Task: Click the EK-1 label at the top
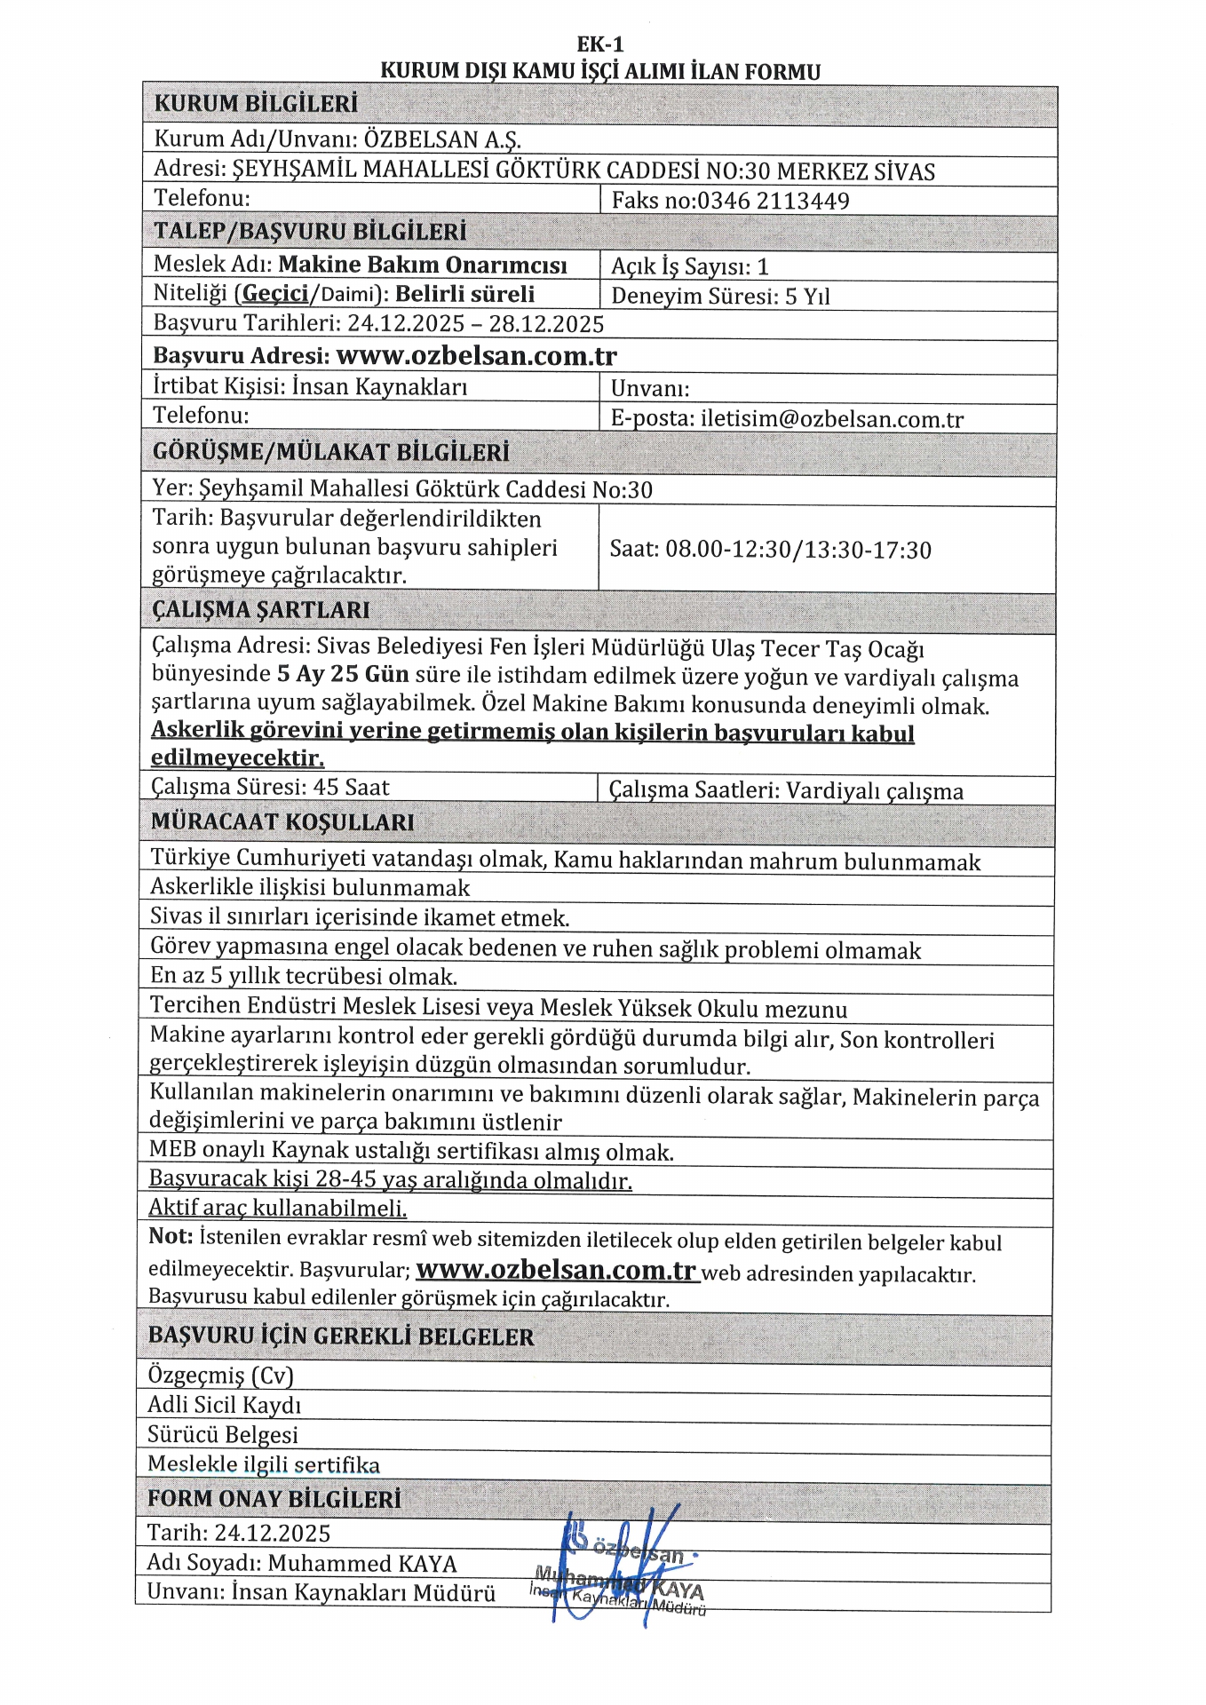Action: [x=600, y=44]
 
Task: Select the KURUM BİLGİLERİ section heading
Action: [x=256, y=104]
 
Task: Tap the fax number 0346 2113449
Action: [x=773, y=201]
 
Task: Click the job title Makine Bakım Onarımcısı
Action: [x=423, y=265]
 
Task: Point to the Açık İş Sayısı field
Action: [x=690, y=266]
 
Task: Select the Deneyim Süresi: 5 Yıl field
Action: [x=720, y=297]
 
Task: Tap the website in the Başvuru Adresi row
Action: [x=477, y=356]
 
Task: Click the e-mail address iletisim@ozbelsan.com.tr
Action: [x=832, y=419]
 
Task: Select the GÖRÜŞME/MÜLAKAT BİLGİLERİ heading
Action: [x=331, y=452]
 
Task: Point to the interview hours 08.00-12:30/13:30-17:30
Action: [x=798, y=551]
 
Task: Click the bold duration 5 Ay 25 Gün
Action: [x=343, y=674]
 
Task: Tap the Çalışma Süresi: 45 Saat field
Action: [x=270, y=788]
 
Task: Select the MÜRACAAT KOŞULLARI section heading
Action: [x=282, y=822]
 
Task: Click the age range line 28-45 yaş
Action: [x=391, y=1180]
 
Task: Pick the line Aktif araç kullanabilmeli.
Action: [x=277, y=1209]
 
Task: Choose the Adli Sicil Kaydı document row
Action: [x=225, y=1405]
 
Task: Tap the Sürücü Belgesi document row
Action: [x=223, y=1435]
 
